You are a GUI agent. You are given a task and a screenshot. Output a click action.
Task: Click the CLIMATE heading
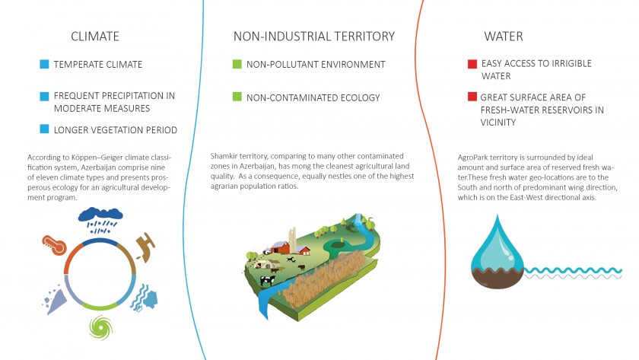(95, 37)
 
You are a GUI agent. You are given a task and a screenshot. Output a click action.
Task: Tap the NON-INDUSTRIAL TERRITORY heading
(314, 37)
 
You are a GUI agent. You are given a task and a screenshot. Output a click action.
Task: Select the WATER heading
(504, 37)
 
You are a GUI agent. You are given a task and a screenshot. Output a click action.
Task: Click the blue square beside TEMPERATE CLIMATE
(44, 64)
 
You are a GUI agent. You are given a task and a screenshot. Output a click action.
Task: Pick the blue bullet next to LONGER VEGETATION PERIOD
(44, 129)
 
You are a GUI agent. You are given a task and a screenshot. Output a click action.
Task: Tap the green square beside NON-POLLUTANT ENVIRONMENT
(237, 64)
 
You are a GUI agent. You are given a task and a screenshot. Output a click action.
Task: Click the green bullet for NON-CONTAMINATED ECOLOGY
(237, 97)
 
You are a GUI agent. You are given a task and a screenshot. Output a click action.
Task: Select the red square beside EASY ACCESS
(472, 64)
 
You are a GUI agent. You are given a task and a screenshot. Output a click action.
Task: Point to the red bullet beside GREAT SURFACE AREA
(472, 97)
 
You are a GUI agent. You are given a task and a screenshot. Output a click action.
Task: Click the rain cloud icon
(100, 220)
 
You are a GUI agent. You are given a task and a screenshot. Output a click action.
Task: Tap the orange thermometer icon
(54, 245)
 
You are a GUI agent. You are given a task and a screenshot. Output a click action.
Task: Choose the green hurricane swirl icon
(100, 328)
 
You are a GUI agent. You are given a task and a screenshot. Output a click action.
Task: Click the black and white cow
(268, 280)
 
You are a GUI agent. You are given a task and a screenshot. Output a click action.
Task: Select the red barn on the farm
(280, 247)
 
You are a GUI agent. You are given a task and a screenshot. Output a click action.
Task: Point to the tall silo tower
(293, 241)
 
